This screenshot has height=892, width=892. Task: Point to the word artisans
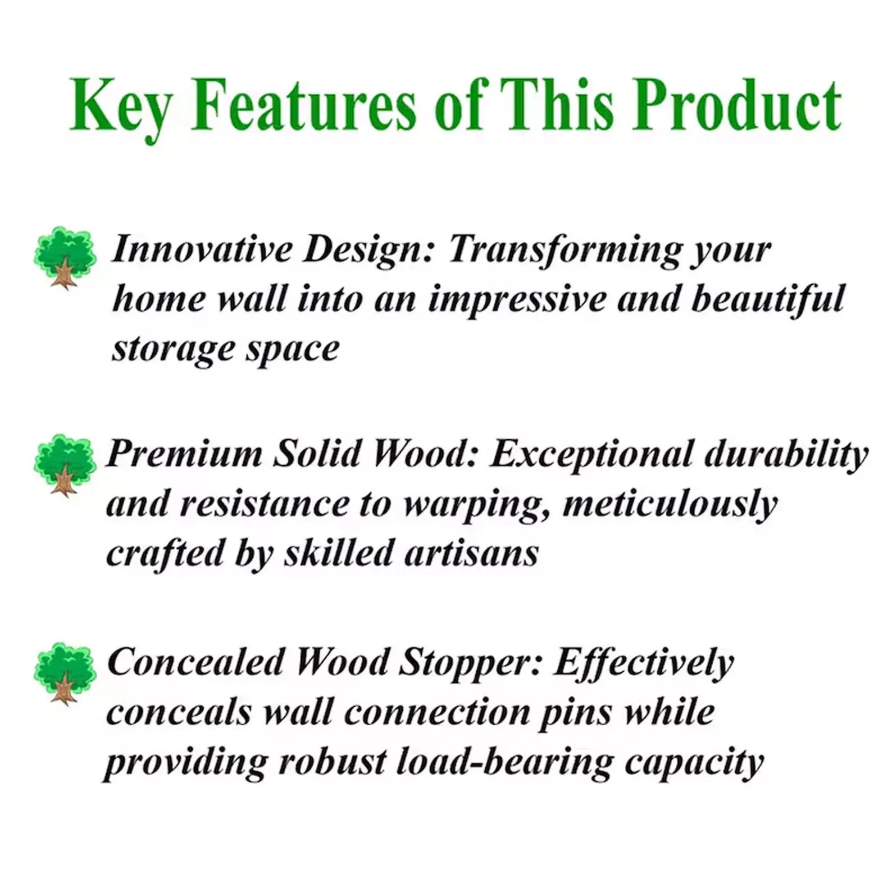click(471, 554)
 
